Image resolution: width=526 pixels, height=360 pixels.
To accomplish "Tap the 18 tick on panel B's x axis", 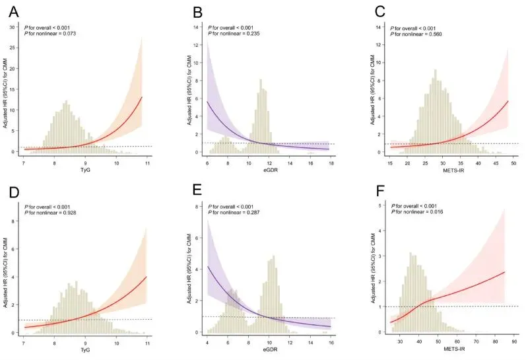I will click(x=329, y=164).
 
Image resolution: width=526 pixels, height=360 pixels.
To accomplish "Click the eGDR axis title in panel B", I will click(x=267, y=173).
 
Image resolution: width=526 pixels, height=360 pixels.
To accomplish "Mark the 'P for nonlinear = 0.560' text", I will click(x=418, y=34).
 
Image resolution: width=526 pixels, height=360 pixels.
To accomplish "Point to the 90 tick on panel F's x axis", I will click(x=514, y=343).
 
